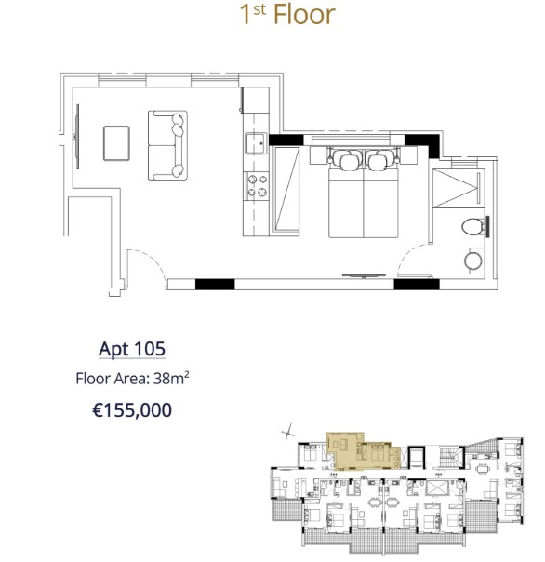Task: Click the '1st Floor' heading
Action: point(286,16)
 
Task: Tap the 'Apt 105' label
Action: point(132,349)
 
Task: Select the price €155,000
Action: point(132,409)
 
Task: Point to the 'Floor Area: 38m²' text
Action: point(132,379)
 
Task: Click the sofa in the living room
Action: point(167,145)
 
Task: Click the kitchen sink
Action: point(257,144)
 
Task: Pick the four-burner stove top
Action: point(257,186)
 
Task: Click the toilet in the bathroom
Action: point(473,225)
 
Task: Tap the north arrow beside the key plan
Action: point(289,430)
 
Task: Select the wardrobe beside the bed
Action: point(286,186)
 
